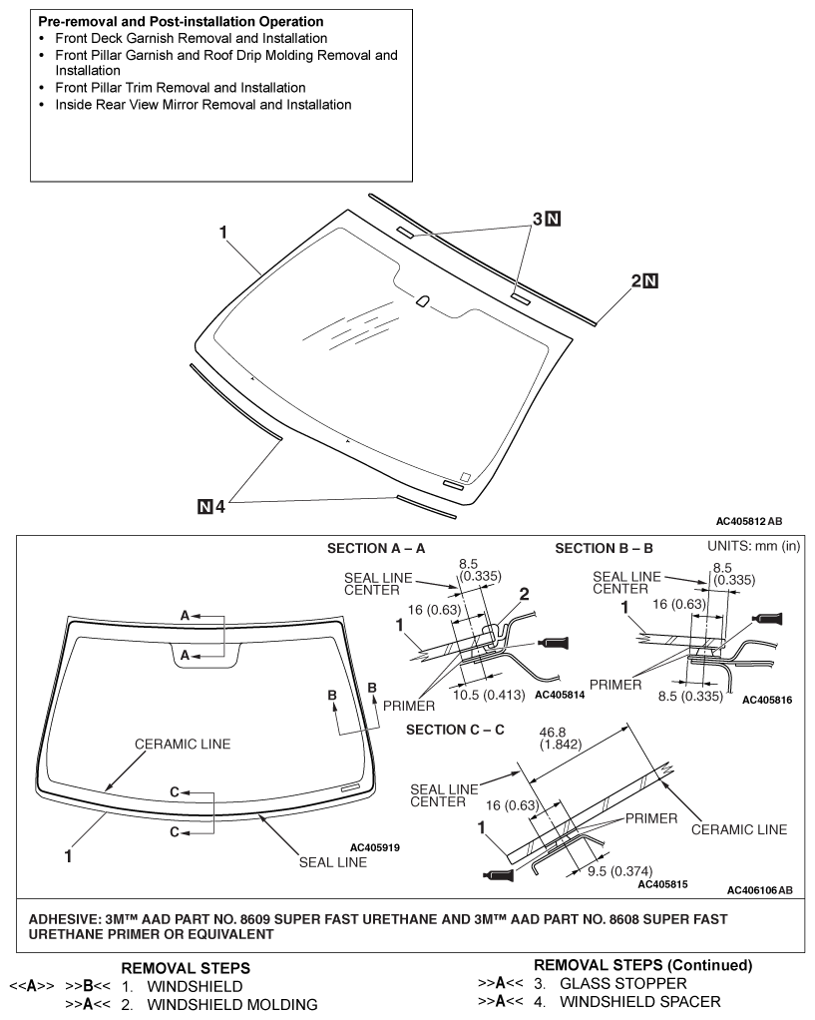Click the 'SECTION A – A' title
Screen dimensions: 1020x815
tap(376, 549)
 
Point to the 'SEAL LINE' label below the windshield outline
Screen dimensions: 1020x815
tap(333, 862)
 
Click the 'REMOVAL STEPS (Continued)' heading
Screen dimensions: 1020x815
tap(643, 965)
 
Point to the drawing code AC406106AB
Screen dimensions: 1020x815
tap(759, 890)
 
